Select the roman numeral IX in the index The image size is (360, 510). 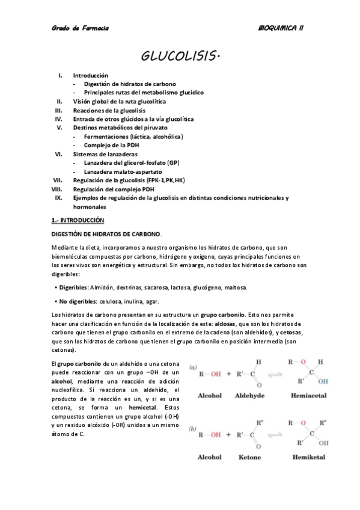coord(58,197)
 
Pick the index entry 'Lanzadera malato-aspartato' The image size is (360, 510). coord(122,171)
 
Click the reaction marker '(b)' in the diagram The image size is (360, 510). coord(193,428)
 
